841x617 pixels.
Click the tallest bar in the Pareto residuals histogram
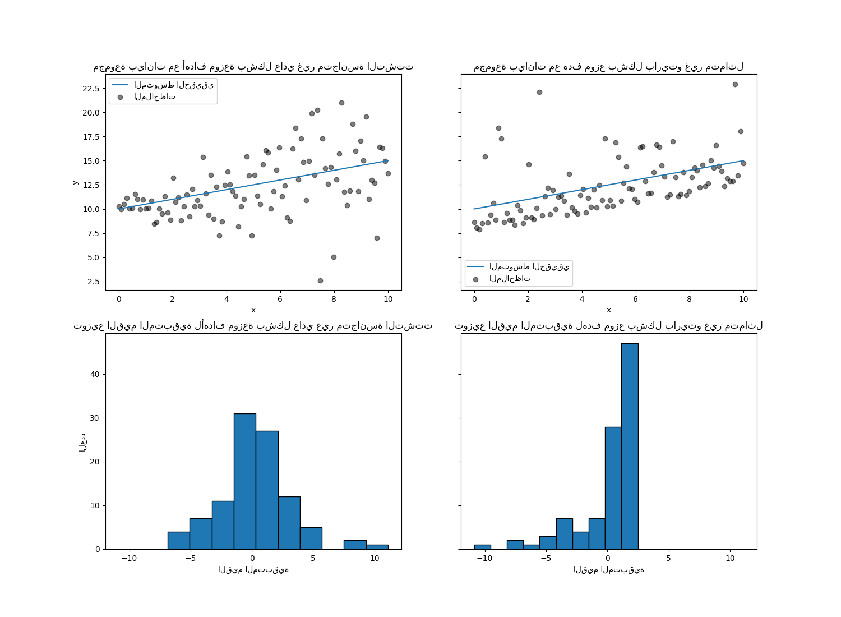click(630, 446)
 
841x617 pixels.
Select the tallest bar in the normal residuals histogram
click(245, 481)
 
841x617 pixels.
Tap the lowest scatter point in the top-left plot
click(320, 280)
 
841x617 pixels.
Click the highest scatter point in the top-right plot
click(735, 84)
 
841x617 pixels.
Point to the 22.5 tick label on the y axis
click(91, 89)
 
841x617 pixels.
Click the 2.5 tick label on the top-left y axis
click(93, 282)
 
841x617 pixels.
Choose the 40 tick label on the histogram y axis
click(95, 374)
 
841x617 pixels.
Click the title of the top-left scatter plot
click(253, 67)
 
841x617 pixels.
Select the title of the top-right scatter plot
click(608, 67)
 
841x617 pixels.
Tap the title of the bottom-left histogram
click(253, 326)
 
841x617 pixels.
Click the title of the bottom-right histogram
click(608, 326)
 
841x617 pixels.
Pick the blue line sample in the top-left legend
click(120, 85)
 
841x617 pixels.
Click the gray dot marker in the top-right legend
click(475, 279)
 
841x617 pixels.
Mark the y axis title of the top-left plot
click(75, 182)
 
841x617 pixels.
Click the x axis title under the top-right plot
click(608, 310)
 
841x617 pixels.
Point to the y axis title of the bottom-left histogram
click(82, 442)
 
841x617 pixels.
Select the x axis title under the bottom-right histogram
click(608, 570)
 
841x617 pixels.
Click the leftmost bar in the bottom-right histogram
click(483, 547)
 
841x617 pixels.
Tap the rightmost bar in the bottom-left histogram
click(377, 547)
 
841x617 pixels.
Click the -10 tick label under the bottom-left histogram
click(129, 558)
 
